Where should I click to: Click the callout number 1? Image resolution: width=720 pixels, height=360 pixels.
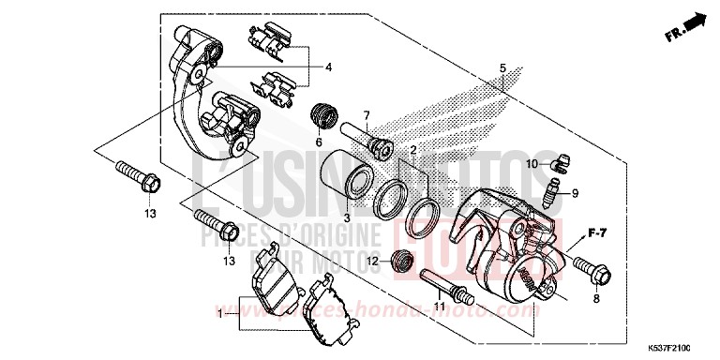point(221,316)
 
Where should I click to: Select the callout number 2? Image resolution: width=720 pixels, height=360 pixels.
point(412,149)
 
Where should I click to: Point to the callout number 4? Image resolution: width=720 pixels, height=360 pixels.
point(329,68)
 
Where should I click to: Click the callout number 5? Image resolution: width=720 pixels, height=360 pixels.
point(502,68)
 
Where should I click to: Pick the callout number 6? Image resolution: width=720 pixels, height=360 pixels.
point(319,142)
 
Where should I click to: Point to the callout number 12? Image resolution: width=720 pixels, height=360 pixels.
point(371,260)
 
